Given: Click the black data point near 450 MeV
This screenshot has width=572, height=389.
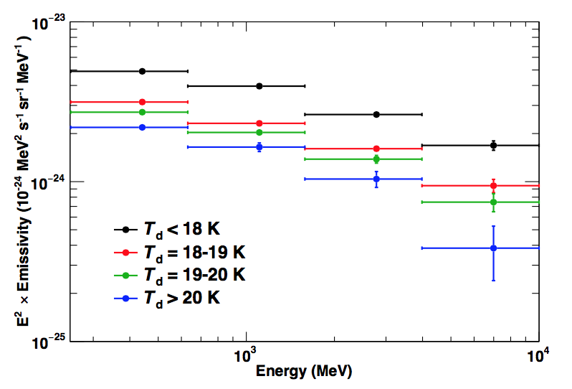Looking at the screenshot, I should [x=142, y=71].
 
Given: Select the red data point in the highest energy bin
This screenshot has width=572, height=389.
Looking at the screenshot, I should [x=493, y=186].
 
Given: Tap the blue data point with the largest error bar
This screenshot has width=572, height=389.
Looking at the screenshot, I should [x=493, y=248].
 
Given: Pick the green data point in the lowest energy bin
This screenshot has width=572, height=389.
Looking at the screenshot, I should [x=142, y=112].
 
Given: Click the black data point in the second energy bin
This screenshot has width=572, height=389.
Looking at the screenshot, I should [x=259, y=86].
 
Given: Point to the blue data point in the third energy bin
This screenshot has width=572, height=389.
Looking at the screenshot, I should [x=376, y=179].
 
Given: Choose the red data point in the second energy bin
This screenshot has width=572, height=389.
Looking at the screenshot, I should [x=259, y=123].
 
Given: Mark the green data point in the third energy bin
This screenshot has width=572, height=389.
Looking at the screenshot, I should [x=376, y=159].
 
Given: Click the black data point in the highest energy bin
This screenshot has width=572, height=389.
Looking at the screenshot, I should [x=493, y=145].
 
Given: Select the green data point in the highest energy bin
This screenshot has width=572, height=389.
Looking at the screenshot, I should [x=493, y=202].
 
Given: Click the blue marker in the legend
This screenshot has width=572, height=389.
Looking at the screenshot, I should [x=126, y=296].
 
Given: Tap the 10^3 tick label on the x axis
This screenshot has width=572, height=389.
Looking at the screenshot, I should [x=246, y=355].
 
